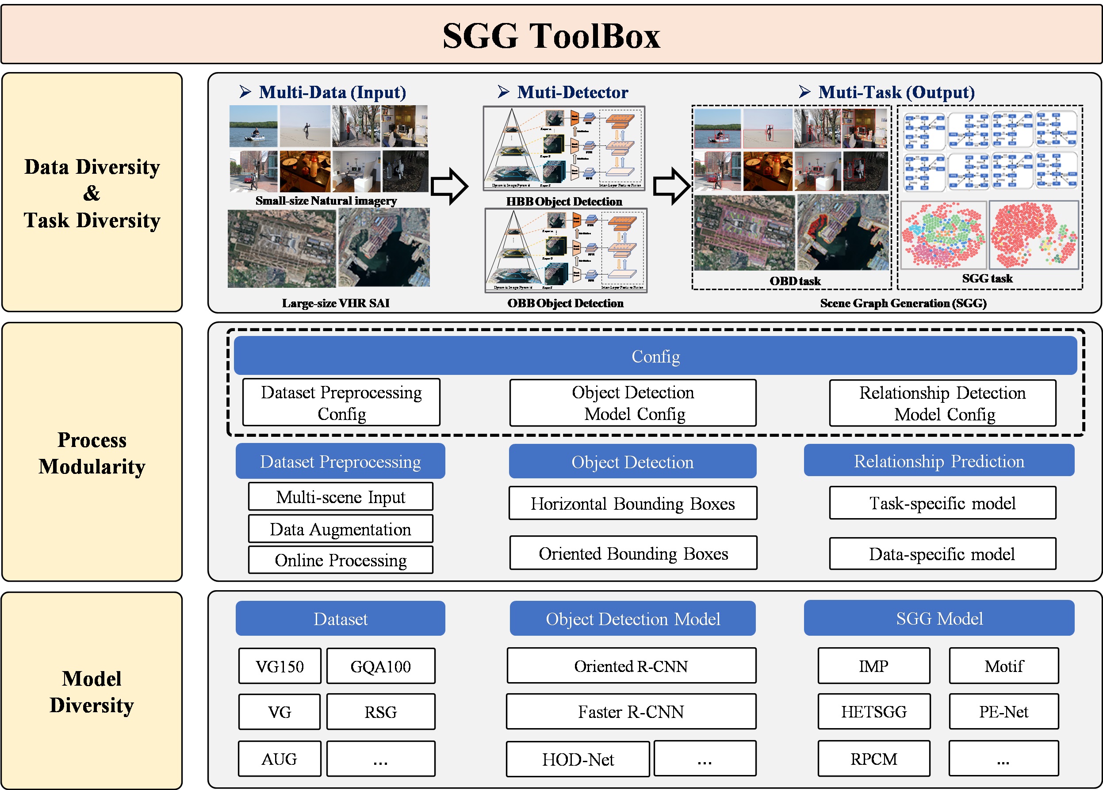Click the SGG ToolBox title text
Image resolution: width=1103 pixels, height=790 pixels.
coord(551,35)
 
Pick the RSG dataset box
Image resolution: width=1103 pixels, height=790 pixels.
coord(380,712)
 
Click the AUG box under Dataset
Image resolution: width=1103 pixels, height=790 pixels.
coord(280,759)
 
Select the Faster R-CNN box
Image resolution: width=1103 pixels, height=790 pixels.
coord(631,712)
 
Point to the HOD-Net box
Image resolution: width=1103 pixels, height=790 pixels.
coord(578,759)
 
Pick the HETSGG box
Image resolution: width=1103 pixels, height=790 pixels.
coord(873,712)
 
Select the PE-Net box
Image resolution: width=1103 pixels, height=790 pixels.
coord(1003,712)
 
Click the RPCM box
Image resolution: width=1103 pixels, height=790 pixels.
coord(873,759)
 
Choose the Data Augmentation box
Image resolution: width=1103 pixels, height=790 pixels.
coord(341,529)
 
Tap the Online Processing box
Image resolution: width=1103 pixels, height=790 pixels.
coord(341,560)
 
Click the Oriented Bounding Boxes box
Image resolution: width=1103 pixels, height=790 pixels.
coord(633,553)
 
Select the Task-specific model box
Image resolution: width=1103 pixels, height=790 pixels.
coord(942,503)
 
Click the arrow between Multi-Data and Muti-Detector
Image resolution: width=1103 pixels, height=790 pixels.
coord(449,186)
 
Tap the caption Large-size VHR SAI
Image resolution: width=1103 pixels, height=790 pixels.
coord(336,303)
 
